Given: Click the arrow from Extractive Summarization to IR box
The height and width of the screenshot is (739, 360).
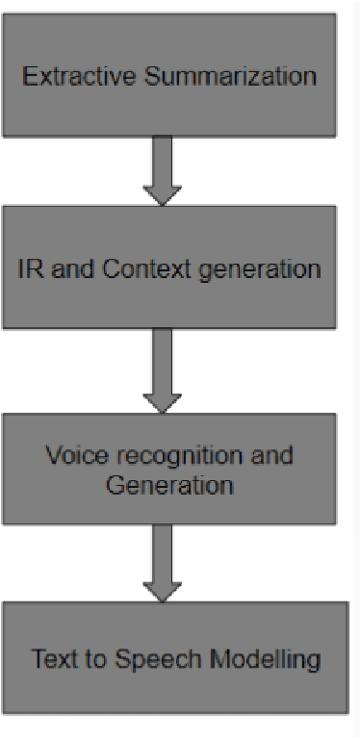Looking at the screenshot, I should click(x=162, y=170).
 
